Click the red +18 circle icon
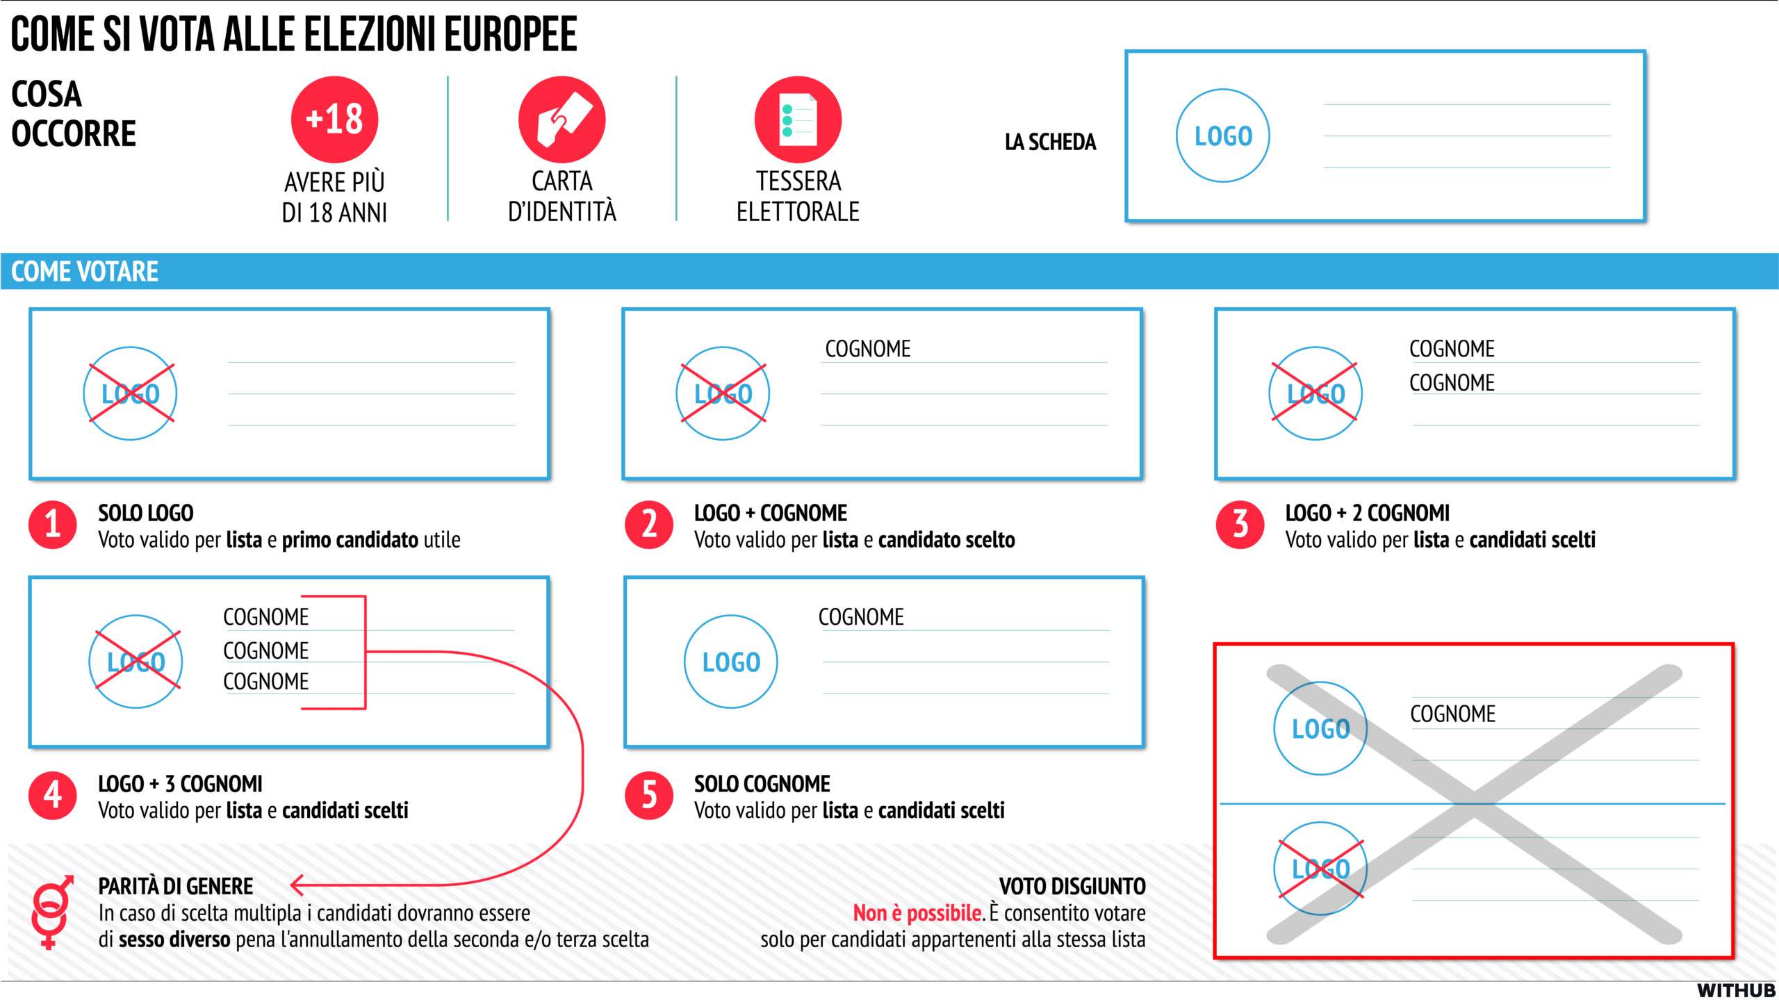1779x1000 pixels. [x=334, y=120]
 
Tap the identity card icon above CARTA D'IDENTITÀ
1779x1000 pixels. [x=561, y=120]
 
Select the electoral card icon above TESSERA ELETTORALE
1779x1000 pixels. [x=798, y=120]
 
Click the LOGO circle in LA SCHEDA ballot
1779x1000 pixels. [x=1223, y=136]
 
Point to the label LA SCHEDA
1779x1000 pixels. [x=1050, y=142]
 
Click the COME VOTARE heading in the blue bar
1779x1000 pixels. [x=85, y=271]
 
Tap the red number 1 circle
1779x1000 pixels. [x=53, y=525]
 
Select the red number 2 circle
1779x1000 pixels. [x=649, y=525]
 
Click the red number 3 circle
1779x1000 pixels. [x=1240, y=525]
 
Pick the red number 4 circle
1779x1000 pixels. [x=53, y=796]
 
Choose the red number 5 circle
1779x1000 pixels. [x=649, y=796]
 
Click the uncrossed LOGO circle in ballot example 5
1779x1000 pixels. [x=731, y=662]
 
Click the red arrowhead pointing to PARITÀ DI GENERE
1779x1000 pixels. [x=298, y=885]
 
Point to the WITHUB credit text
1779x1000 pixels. [x=1735, y=990]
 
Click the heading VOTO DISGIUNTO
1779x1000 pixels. [x=1072, y=886]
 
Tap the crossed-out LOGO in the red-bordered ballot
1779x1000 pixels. [x=1320, y=869]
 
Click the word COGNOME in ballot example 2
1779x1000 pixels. [x=867, y=348]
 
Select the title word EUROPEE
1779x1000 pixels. [x=511, y=34]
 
